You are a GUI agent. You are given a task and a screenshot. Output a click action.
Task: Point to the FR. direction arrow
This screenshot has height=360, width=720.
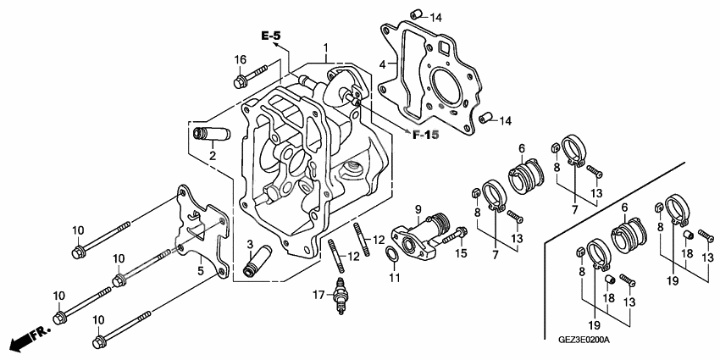pos(25,340)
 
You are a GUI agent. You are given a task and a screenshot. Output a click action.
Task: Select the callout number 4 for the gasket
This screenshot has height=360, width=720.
pos(383,64)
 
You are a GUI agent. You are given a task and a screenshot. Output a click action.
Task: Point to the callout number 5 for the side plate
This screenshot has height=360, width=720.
pos(200,271)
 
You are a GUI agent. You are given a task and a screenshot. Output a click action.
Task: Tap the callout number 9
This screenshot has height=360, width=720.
pos(418,209)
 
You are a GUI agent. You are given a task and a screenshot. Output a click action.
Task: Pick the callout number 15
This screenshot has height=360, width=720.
pos(462,252)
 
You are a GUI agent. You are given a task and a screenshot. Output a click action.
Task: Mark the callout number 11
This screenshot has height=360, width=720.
pos(393,278)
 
